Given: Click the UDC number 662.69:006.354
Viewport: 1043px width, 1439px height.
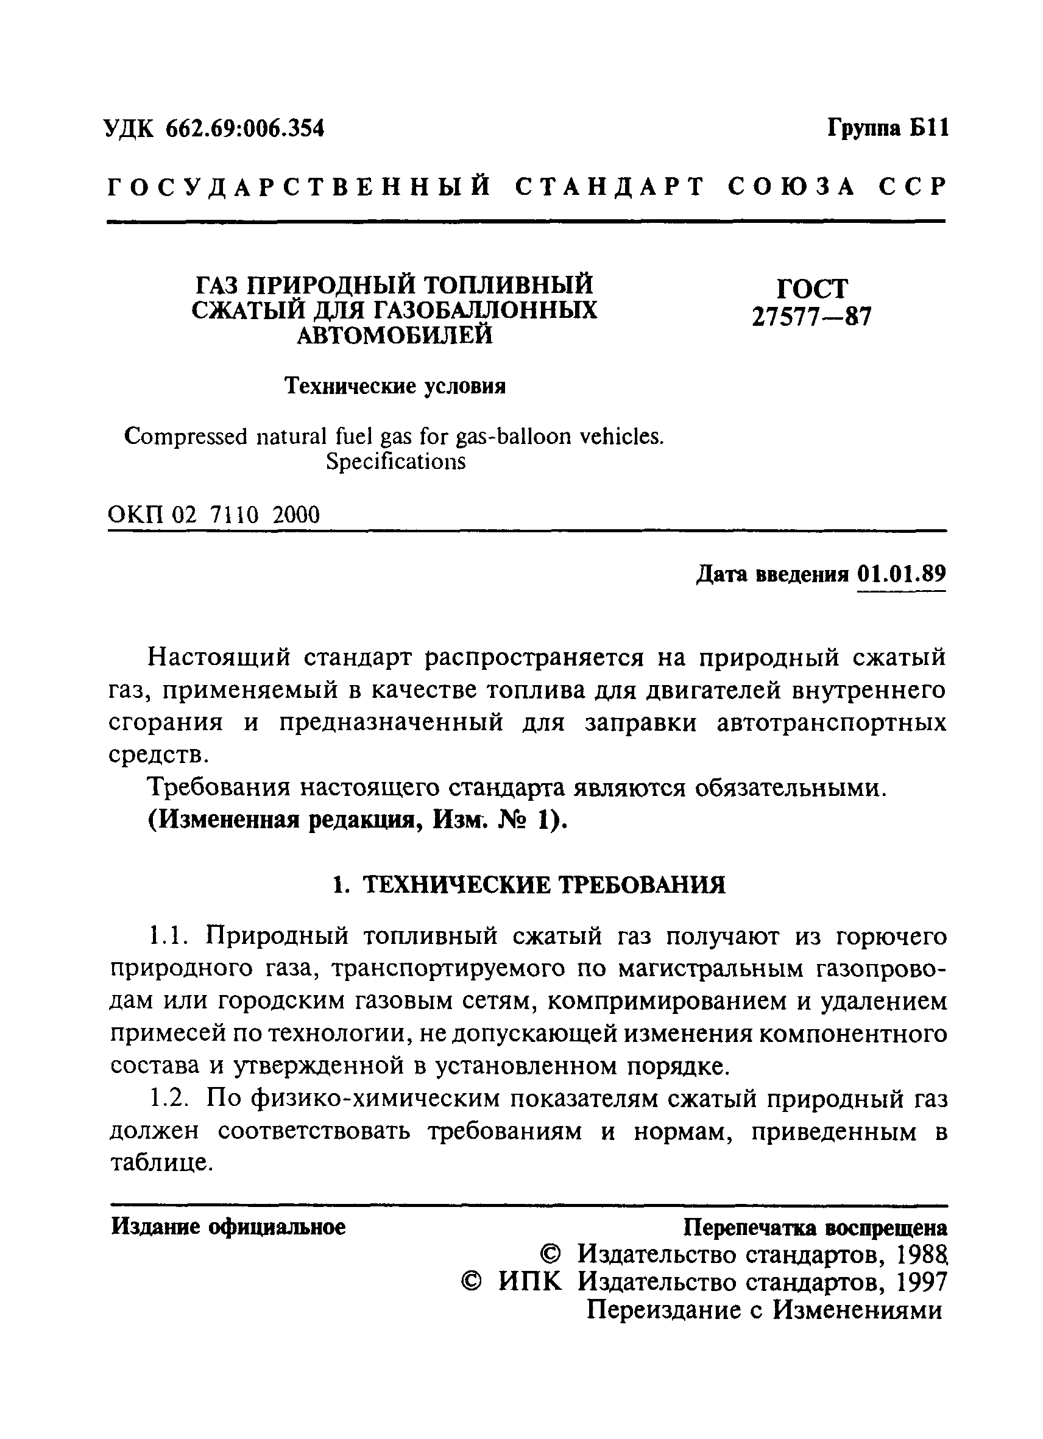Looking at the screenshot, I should click(x=244, y=129).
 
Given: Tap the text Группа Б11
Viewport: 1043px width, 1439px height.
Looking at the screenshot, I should click(x=888, y=129).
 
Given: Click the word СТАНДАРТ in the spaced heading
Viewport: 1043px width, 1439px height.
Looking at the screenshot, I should click(x=610, y=186).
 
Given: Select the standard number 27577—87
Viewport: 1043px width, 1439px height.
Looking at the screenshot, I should click(x=812, y=316).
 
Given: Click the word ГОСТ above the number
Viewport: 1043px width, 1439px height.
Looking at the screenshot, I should click(x=812, y=289).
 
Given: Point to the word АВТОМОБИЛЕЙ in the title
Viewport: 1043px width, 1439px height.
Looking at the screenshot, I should click(x=395, y=335).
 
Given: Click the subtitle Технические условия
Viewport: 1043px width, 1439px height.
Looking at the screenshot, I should click(x=395, y=385).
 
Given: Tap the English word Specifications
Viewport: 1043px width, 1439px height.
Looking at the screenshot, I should click(x=395, y=461).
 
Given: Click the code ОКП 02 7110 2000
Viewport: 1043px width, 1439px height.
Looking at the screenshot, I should click(x=214, y=515).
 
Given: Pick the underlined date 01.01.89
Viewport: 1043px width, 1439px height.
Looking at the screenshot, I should click(x=901, y=574).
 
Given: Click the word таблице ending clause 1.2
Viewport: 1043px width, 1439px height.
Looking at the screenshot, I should click(x=160, y=1163).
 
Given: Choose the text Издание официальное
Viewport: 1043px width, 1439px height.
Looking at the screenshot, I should click(x=228, y=1226).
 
